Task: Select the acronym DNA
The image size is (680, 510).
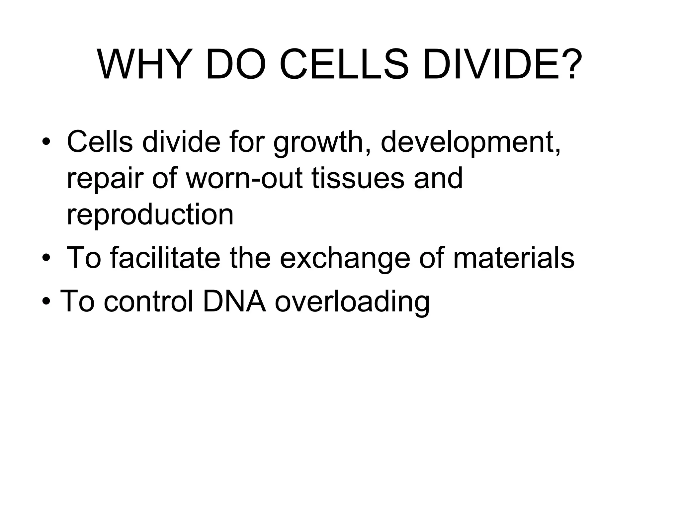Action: click(234, 301)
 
